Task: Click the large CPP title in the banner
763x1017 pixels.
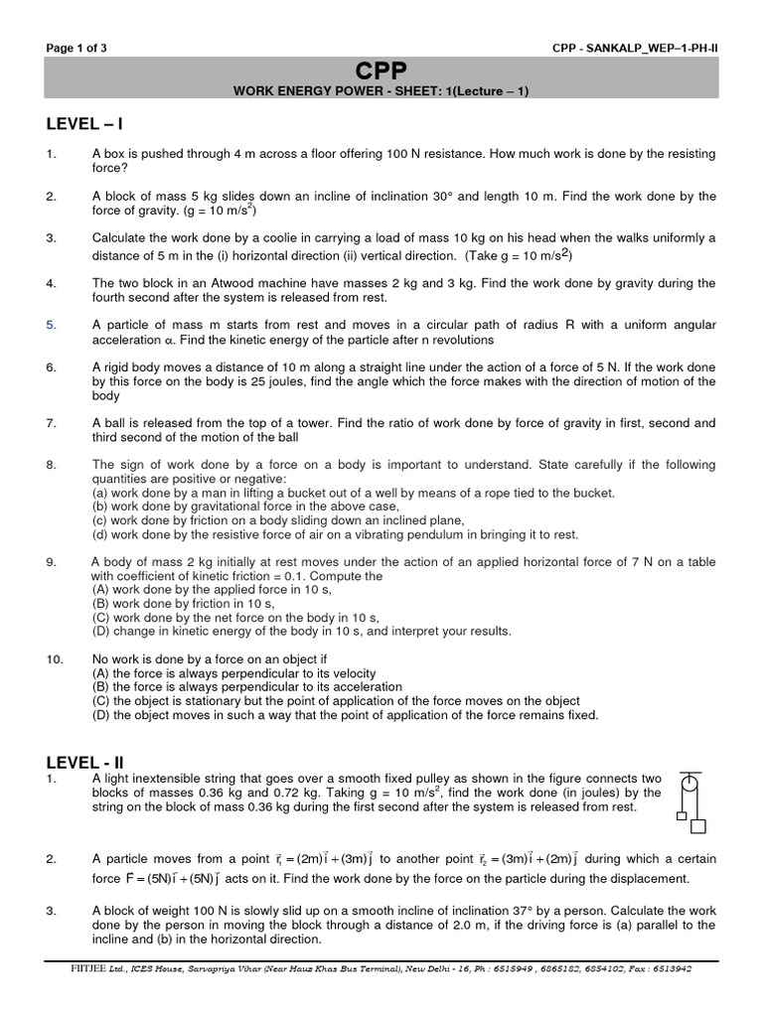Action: coord(381,72)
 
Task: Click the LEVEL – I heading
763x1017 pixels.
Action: coord(84,124)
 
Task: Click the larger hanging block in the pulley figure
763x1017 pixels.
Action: coord(697,826)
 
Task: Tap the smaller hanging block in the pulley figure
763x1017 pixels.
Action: coord(681,815)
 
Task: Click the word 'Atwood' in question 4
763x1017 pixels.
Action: coord(248,283)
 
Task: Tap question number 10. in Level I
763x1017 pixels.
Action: coord(55,658)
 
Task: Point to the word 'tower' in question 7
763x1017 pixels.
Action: coord(310,423)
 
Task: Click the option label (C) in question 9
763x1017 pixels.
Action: coord(101,617)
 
